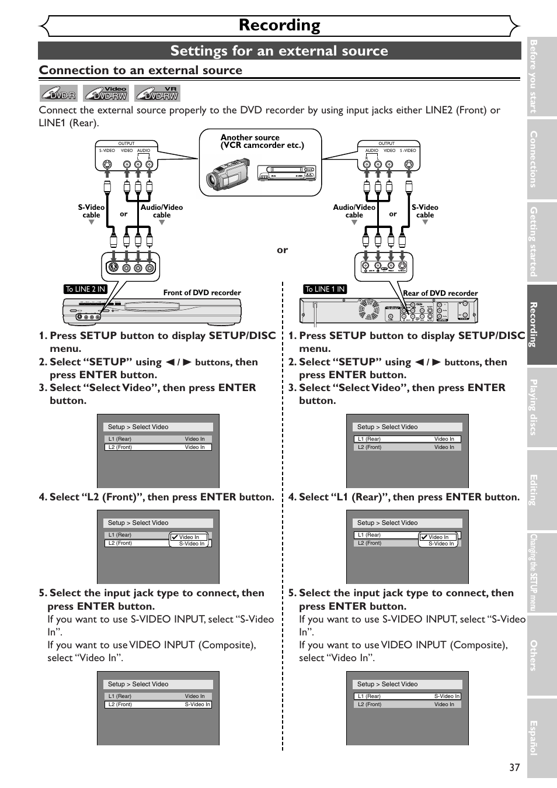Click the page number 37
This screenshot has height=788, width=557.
point(514,768)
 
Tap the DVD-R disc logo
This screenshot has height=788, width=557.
point(58,94)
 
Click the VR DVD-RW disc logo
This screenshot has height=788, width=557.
point(157,94)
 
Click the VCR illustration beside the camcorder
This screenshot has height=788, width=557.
point(287,173)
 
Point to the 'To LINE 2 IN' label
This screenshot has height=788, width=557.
point(85,289)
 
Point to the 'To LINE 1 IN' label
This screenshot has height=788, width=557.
point(325,289)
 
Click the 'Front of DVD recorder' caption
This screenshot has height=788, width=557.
point(202,293)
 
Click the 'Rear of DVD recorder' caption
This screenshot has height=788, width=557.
point(440,293)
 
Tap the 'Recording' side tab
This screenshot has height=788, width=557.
point(541,324)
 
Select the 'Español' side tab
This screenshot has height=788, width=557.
point(541,738)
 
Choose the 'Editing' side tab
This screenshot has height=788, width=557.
point(541,489)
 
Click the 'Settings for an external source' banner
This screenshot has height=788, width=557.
point(279,51)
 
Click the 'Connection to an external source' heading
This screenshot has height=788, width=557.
point(141,70)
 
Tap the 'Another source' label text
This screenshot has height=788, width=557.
point(250,137)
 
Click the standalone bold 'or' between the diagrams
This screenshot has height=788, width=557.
point(282,250)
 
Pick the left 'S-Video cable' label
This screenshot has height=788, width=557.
point(91,211)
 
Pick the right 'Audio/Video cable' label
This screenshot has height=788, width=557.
point(354,211)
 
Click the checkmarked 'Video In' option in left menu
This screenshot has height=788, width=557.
point(188,537)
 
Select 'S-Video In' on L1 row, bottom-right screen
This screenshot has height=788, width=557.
point(447,696)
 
